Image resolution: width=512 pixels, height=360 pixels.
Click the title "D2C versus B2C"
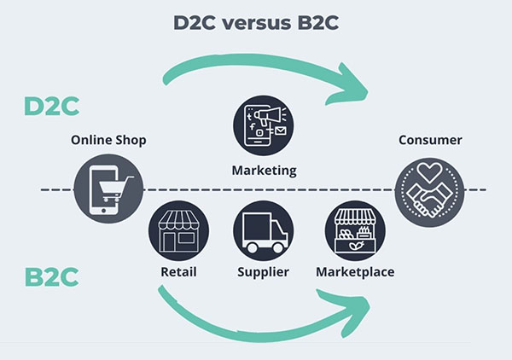(x=256, y=23)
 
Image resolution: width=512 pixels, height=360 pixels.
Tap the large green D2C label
(x=51, y=106)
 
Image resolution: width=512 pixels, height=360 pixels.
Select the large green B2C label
(x=51, y=277)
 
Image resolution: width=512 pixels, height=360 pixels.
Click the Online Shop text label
(x=108, y=141)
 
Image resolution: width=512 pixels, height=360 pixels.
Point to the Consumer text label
(x=430, y=140)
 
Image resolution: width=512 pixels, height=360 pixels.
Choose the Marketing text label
(x=265, y=171)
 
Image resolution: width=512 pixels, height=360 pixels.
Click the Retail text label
(x=178, y=272)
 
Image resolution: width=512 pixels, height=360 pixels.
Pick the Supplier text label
(x=263, y=272)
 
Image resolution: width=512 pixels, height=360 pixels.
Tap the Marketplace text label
(x=355, y=272)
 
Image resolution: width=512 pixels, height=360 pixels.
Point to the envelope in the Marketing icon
(x=281, y=131)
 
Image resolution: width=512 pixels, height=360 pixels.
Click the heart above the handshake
(x=430, y=171)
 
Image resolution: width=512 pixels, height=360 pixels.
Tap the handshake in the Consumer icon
(x=429, y=200)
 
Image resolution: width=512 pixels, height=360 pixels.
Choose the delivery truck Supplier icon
(x=264, y=230)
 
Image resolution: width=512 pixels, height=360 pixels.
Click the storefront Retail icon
(x=178, y=230)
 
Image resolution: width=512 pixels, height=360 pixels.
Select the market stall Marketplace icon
(x=355, y=230)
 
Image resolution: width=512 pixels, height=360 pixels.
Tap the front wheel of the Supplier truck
(x=278, y=247)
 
